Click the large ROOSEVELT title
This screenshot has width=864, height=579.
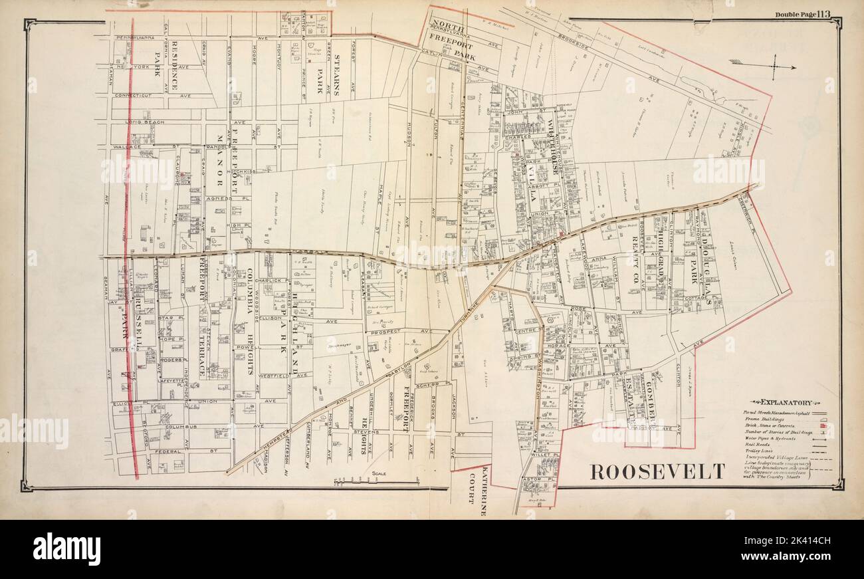[x=657, y=471]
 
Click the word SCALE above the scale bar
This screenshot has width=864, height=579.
[x=379, y=473]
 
